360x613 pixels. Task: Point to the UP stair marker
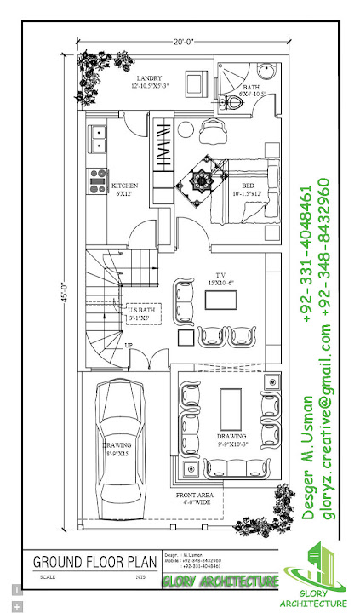tap(129, 345)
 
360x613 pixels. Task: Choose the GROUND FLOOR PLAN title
tap(95, 562)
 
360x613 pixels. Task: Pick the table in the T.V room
tap(217, 300)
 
